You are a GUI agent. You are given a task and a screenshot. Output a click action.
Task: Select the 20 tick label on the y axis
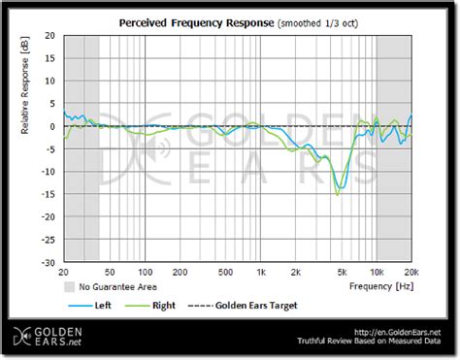click(48, 37)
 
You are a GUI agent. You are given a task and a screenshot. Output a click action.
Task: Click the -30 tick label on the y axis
click(46, 262)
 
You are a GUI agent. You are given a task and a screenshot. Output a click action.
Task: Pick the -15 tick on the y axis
click(46, 194)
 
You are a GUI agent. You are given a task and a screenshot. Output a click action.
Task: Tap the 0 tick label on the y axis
click(51, 126)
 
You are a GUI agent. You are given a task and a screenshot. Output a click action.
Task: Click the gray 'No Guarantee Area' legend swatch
click(69, 287)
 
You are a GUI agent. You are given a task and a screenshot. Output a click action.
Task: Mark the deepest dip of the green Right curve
click(337, 195)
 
